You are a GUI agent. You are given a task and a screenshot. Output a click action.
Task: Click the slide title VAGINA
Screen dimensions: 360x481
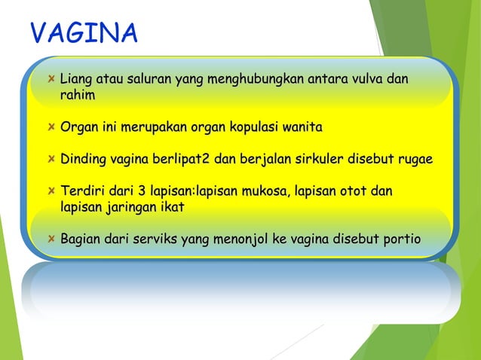click(84, 34)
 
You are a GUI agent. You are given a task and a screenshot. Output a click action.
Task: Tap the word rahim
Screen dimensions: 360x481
click(78, 96)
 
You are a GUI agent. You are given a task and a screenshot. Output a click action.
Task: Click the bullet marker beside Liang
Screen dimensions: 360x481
click(50, 79)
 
